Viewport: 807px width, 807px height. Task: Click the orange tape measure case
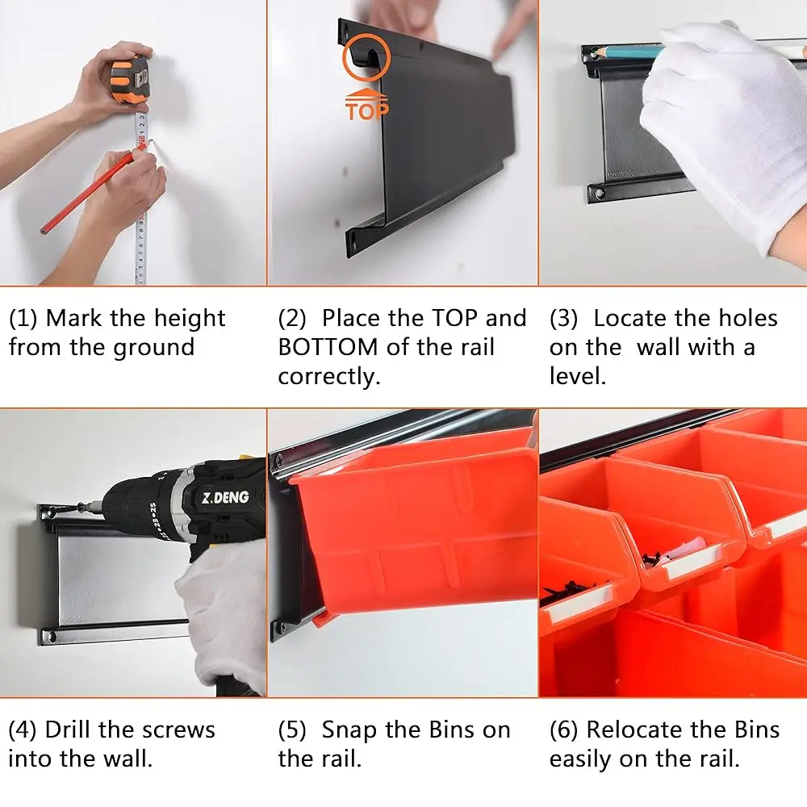pyautogui.click(x=130, y=79)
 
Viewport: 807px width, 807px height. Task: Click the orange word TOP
pyautogui.click(x=367, y=111)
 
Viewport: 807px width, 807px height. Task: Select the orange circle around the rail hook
pyautogui.click(x=366, y=57)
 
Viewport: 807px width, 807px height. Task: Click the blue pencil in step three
pyautogui.click(x=629, y=52)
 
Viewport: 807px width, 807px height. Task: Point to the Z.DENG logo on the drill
pyautogui.click(x=225, y=498)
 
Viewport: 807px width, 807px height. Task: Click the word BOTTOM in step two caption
pyautogui.click(x=328, y=347)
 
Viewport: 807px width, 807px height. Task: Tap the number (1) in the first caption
pyautogui.click(x=23, y=319)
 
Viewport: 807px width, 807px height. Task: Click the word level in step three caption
pyautogui.click(x=578, y=376)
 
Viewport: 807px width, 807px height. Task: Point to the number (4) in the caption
pyautogui.click(x=23, y=730)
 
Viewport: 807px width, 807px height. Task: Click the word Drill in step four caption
pyautogui.click(x=69, y=730)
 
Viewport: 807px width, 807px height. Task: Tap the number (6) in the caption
pyautogui.click(x=564, y=730)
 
